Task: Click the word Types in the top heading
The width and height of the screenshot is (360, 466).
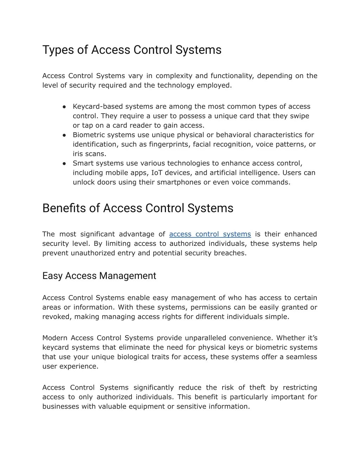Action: [x=58, y=50]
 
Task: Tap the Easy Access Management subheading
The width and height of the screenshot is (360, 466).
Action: [x=99, y=276]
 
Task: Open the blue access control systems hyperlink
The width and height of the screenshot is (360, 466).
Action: [x=210, y=234]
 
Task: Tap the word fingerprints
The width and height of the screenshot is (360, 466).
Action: [x=169, y=144]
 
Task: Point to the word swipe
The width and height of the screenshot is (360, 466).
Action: [x=300, y=116]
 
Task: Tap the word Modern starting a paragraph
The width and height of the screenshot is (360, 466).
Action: [x=55, y=338]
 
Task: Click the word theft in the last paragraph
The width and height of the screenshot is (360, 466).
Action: [x=257, y=388]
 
